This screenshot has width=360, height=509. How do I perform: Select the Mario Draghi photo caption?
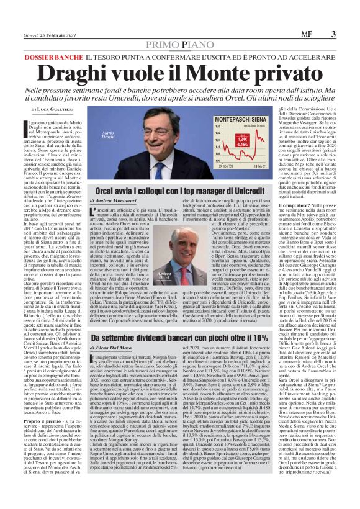(x=91, y=136)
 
